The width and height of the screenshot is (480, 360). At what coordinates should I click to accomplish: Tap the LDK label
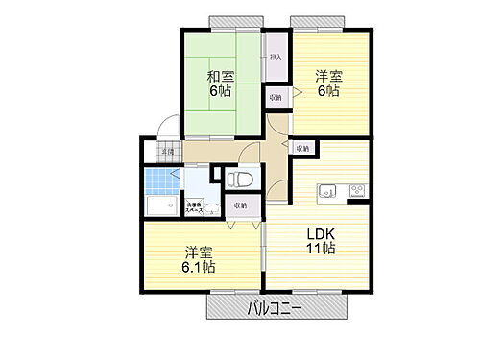coord(321,233)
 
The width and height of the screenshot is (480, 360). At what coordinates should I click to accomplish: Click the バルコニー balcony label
coord(275,308)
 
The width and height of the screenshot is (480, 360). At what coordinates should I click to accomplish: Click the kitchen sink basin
coord(327,188)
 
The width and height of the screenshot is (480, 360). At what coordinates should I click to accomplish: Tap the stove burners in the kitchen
coord(357,189)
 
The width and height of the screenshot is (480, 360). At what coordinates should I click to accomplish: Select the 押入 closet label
coord(276,58)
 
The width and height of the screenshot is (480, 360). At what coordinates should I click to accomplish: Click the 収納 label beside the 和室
coord(276,98)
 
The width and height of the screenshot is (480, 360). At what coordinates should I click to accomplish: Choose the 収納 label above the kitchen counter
coord(303,148)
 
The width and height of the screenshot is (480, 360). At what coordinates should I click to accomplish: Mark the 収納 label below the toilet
coord(239,204)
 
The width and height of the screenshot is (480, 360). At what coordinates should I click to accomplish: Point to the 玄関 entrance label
coord(167,153)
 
